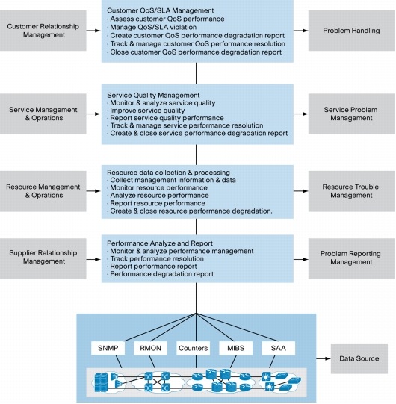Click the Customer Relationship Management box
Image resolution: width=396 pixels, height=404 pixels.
[43, 31]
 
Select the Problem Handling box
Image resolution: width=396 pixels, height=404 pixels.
[351, 31]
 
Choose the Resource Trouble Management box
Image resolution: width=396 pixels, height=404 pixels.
[351, 196]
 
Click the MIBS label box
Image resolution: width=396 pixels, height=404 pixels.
[238, 347]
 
